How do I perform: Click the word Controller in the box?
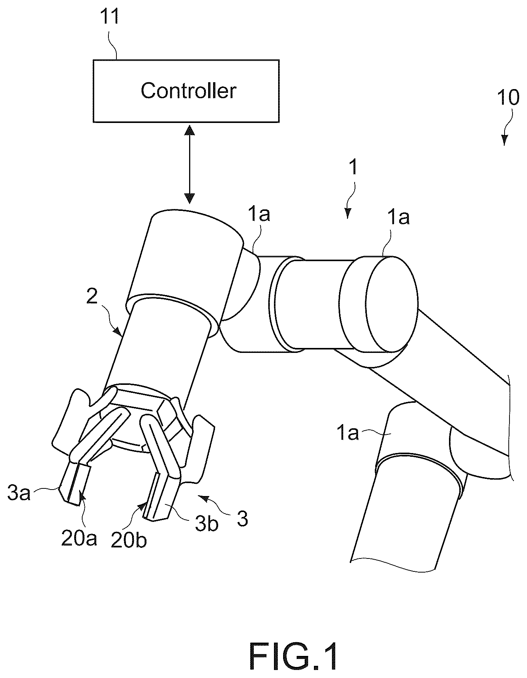188,91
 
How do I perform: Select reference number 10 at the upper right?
508,98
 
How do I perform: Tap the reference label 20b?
129,541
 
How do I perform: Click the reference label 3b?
207,523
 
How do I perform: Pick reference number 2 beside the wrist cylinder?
92,297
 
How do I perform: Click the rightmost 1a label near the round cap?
398,218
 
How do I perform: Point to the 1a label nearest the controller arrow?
259,215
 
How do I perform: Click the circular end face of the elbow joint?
392,305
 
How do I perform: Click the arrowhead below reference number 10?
505,141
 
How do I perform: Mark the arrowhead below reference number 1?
347,213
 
